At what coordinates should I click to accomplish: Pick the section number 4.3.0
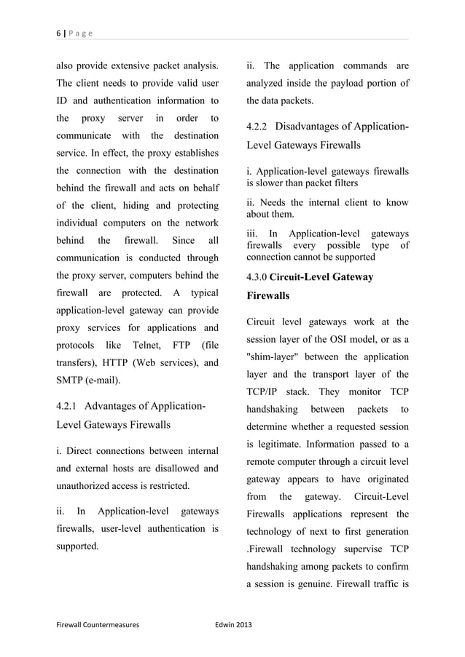[257, 277]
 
